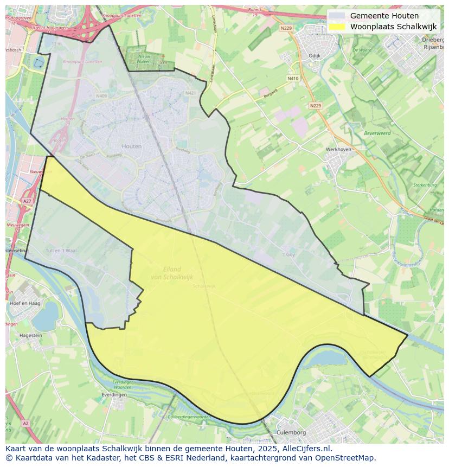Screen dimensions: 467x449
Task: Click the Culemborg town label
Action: [291, 432]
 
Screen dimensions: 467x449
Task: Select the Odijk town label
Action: [315, 55]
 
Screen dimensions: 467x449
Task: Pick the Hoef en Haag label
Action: [25, 303]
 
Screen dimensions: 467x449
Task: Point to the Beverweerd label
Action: [377, 133]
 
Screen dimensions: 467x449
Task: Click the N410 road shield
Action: [293, 78]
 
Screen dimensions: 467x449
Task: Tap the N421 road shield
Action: [190, 93]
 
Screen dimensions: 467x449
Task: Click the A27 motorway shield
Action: [27, 201]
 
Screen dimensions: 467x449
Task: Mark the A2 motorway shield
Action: [25, 423]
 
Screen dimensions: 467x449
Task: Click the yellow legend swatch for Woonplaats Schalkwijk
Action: [336, 27]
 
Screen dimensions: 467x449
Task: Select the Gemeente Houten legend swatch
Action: [336, 16]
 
